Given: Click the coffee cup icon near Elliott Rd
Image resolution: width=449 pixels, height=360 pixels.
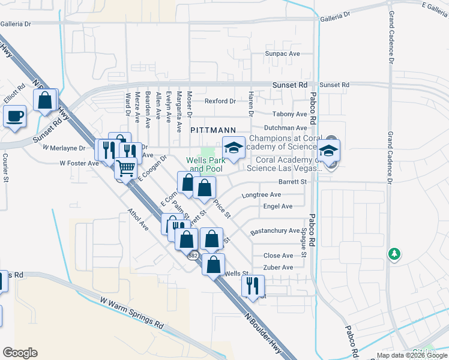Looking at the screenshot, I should coord(14,115).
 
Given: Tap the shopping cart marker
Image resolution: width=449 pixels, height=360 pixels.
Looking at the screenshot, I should coord(125,168).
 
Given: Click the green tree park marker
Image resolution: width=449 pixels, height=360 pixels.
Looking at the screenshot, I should coord(394,254).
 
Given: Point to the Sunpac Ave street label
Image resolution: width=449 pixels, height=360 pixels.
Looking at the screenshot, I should coord(283,53).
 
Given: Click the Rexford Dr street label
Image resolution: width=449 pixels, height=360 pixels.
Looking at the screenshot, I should coord(220,101).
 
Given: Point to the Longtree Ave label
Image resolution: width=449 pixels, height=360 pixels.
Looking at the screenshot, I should coord(261,194).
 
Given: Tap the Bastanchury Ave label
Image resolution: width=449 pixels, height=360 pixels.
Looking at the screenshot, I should coord(274,230).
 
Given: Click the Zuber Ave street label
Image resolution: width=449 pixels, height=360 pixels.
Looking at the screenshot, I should coord(279,267).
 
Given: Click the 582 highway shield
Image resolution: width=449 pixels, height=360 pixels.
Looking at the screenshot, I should coord(193,256).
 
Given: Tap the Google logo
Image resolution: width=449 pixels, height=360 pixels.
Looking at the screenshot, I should coord(20,353).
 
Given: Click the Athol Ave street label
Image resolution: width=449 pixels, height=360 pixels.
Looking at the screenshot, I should coord(138,219).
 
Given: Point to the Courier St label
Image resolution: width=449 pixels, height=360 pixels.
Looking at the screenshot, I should coord(5,167).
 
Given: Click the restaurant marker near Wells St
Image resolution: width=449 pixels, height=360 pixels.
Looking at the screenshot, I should coord(253,284).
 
